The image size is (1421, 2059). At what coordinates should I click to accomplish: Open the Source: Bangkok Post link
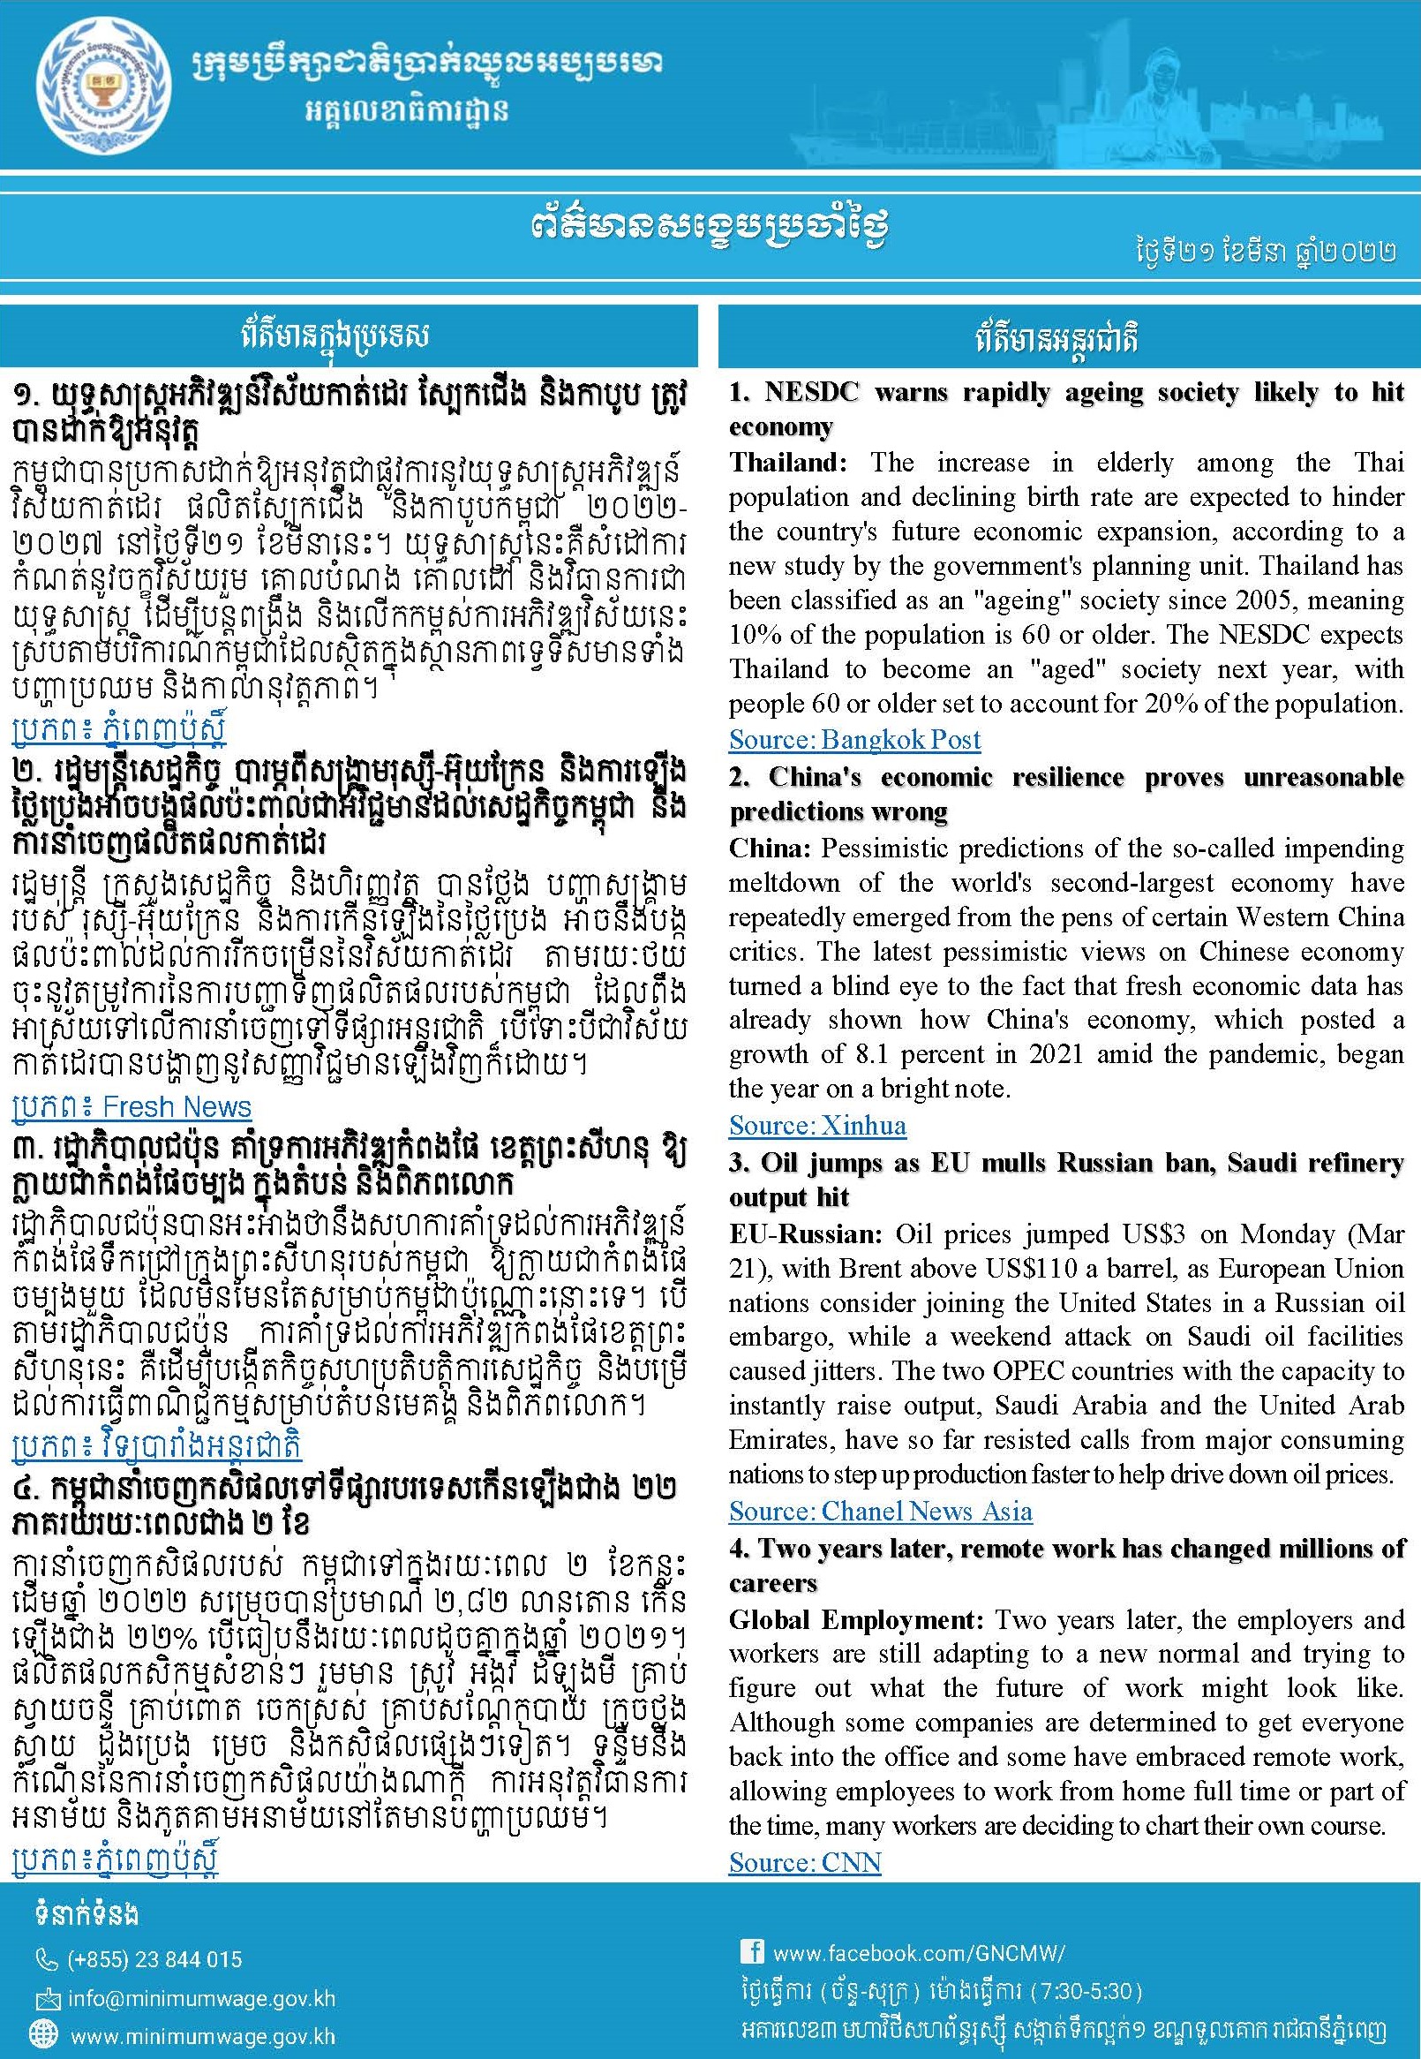point(853,739)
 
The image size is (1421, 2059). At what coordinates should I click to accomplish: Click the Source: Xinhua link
point(816,1125)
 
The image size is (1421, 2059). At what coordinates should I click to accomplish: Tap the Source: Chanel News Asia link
point(880,1511)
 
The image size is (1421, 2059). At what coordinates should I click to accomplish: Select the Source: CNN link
point(804,1862)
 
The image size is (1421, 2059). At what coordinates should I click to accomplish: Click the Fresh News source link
point(132,1106)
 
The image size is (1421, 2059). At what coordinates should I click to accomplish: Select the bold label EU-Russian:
point(806,1234)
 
